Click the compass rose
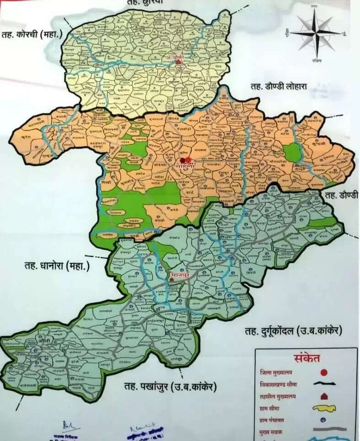(x=316, y=32)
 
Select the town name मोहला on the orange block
(x=188, y=167)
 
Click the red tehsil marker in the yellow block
(x=179, y=62)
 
